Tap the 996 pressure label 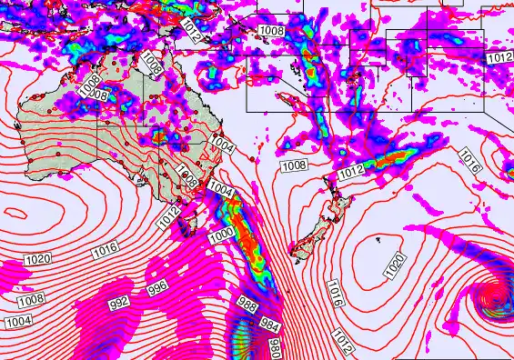(x=156, y=286)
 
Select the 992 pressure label (x=119, y=302)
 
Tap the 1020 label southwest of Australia (x=37, y=260)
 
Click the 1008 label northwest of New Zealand (x=293, y=165)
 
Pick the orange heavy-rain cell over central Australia (x=157, y=136)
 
